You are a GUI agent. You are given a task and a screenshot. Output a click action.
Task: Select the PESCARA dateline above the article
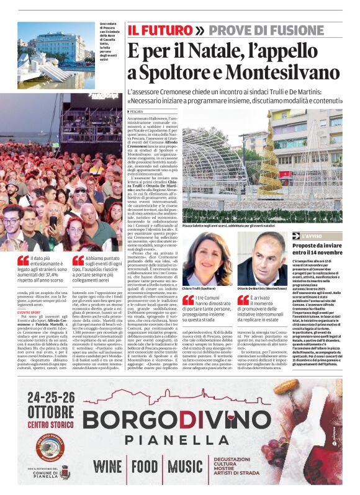[x=137, y=111]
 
